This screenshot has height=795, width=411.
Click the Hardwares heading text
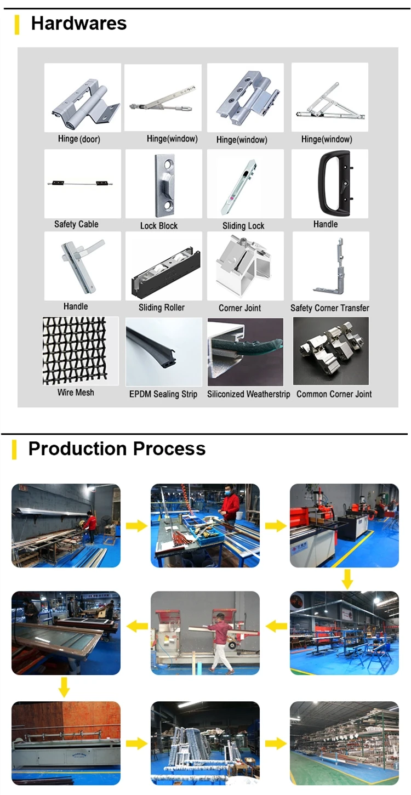78,24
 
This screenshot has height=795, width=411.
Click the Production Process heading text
117,448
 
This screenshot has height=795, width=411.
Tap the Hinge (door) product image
83,98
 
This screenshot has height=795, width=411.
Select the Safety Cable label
76,224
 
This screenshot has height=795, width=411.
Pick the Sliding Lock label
243,226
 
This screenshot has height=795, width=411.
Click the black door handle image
329,183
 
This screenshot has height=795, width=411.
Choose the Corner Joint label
239,308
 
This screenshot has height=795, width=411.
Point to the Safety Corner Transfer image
330,266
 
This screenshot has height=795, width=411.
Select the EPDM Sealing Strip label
163,394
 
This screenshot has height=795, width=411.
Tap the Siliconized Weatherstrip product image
246,351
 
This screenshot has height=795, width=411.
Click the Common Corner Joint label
334,394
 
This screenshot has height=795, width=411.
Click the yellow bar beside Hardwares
17,25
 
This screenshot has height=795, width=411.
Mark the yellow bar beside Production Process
15,450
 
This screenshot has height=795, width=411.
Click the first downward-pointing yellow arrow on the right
347,579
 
